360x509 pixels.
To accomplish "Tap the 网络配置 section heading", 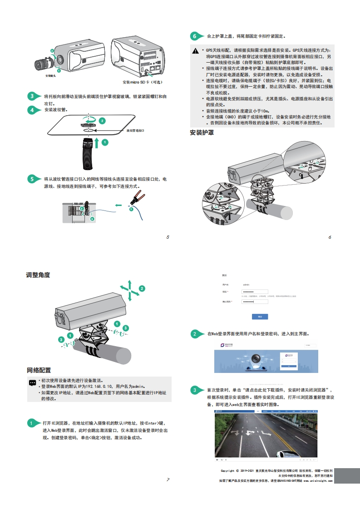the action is coord(39,370).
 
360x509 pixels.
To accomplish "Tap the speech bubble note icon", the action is coord(33,382).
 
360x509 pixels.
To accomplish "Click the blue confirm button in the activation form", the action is coord(260,316).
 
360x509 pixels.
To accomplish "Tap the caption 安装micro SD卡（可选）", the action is coord(143,82).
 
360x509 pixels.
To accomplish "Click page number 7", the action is coord(168,479).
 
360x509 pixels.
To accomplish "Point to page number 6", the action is coord(330,237).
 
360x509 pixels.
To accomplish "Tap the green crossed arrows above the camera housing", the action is coord(129,289).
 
